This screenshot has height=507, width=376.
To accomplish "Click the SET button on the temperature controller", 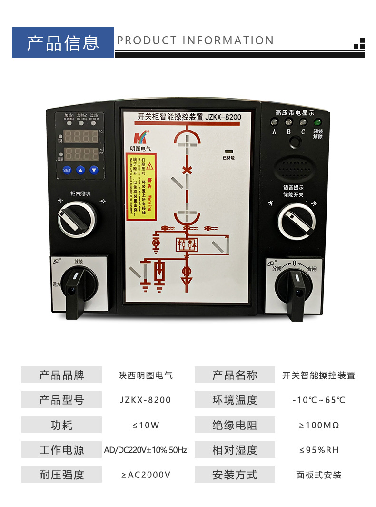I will (x=67, y=170).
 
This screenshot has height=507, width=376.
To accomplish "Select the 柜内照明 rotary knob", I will (x=77, y=219).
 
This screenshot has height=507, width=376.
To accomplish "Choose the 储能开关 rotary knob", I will (x=296, y=221).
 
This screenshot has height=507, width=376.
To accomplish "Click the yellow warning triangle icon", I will (x=150, y=166).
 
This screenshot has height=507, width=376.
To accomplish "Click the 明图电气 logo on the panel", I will (x=140, y=138).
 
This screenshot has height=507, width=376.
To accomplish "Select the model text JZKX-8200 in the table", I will (x=146, y=400).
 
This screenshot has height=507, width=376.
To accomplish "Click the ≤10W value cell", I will (x=146, y=425).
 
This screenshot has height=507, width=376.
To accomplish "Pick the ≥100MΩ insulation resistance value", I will (x=319, y=425).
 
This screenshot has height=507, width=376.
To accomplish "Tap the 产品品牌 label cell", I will (x=61, y=375).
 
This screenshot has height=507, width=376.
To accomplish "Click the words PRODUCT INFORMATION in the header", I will (x=195, y=41).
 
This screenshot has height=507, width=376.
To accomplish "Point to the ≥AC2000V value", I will (x=146, y=475).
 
